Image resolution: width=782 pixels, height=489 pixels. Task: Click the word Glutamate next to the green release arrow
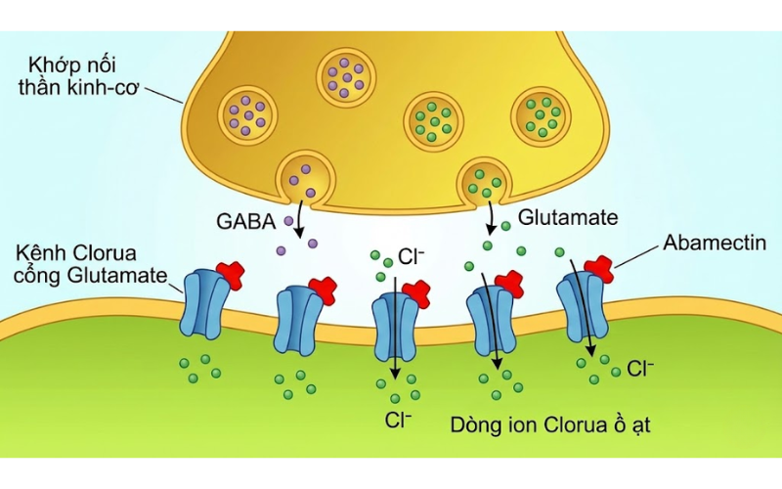tap(568, 217)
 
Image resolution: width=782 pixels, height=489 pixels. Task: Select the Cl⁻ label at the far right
tap(640, 370)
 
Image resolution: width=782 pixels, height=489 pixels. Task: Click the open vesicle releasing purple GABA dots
tap(304, 177)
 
